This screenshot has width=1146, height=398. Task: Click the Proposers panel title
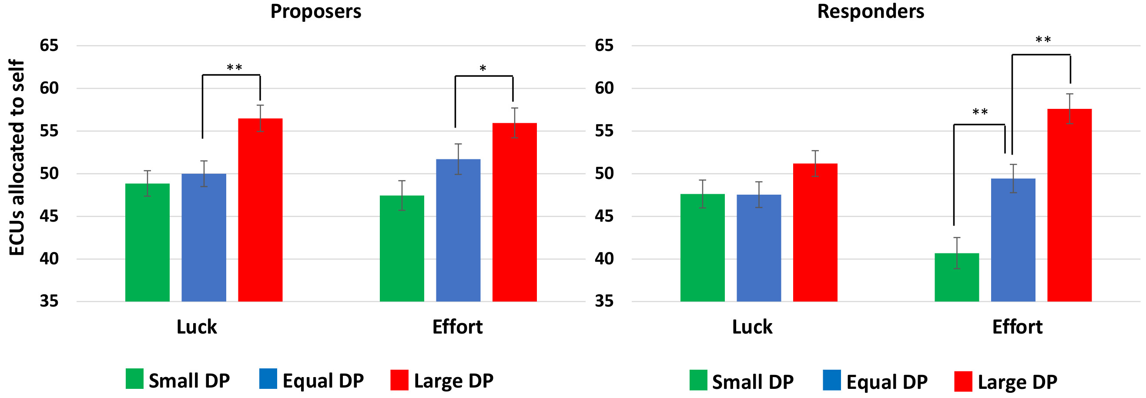coord(315,12)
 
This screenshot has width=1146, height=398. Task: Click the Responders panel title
coord(870,12)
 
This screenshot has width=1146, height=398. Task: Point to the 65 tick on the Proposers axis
coord(49,45)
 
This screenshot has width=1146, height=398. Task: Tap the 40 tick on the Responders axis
coord(604,259)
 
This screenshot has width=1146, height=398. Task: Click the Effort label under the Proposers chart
coord(457,327)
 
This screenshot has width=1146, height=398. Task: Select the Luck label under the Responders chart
coord(752,327)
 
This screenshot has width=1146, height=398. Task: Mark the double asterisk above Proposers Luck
coord(235,68)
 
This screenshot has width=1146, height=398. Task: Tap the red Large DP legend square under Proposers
coord(399,380)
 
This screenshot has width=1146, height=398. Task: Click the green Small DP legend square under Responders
coord(698,380)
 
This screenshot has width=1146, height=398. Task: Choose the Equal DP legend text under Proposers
coord(323,381)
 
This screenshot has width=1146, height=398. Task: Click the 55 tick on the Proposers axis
coord(49,131)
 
